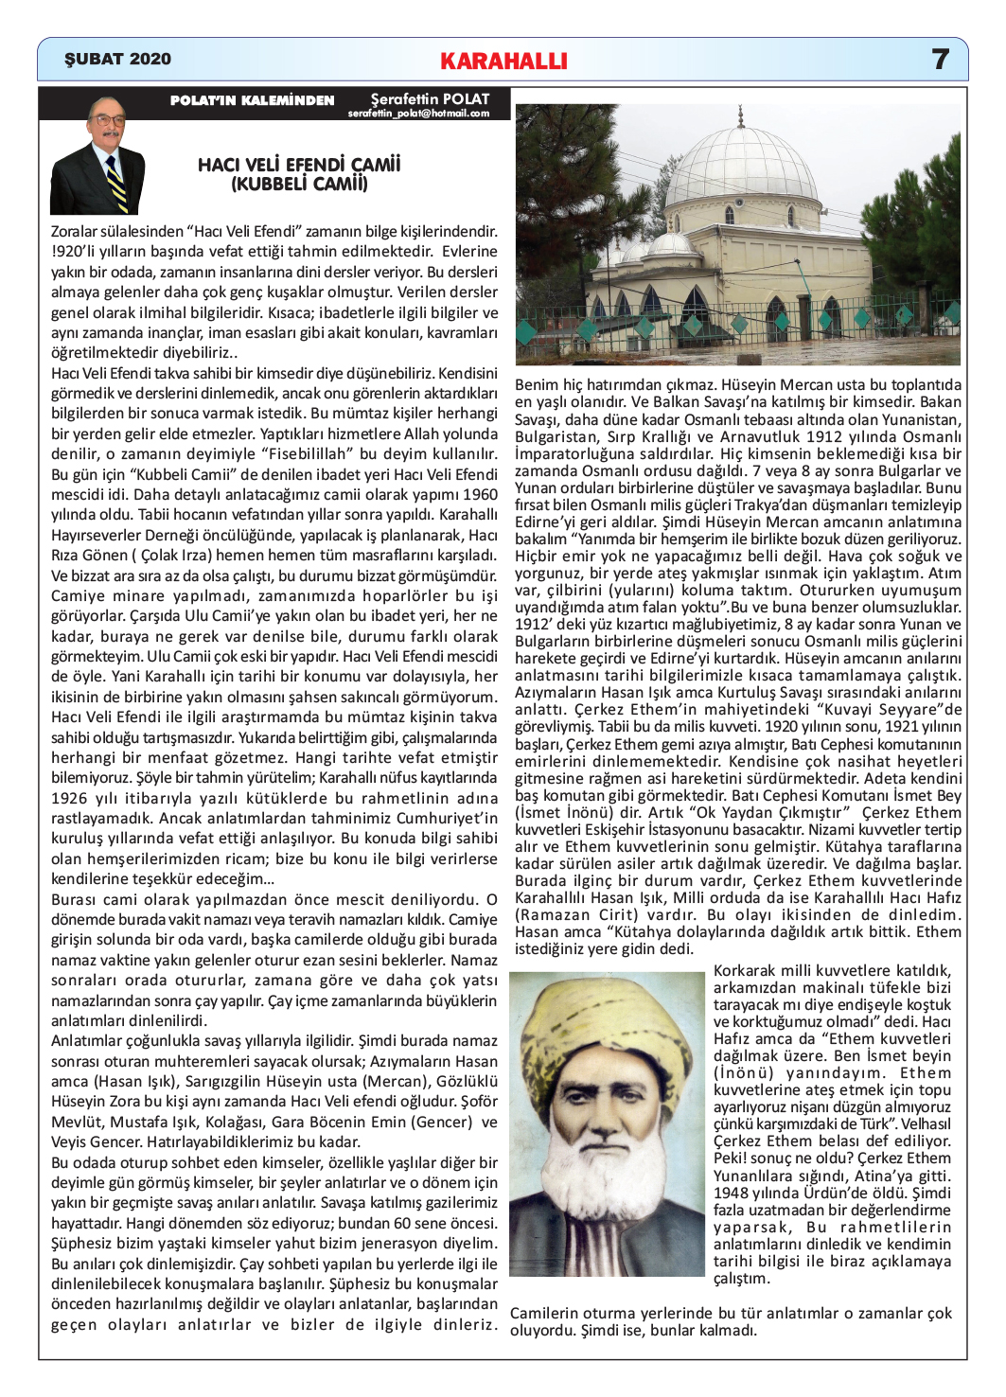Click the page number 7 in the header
940,59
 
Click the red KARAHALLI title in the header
503,62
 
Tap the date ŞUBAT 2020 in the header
117,59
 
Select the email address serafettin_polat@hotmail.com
418,114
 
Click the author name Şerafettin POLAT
430,98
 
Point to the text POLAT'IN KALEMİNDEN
252,100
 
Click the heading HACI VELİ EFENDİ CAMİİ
299,165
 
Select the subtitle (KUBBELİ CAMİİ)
299,184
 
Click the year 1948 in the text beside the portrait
729,1193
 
